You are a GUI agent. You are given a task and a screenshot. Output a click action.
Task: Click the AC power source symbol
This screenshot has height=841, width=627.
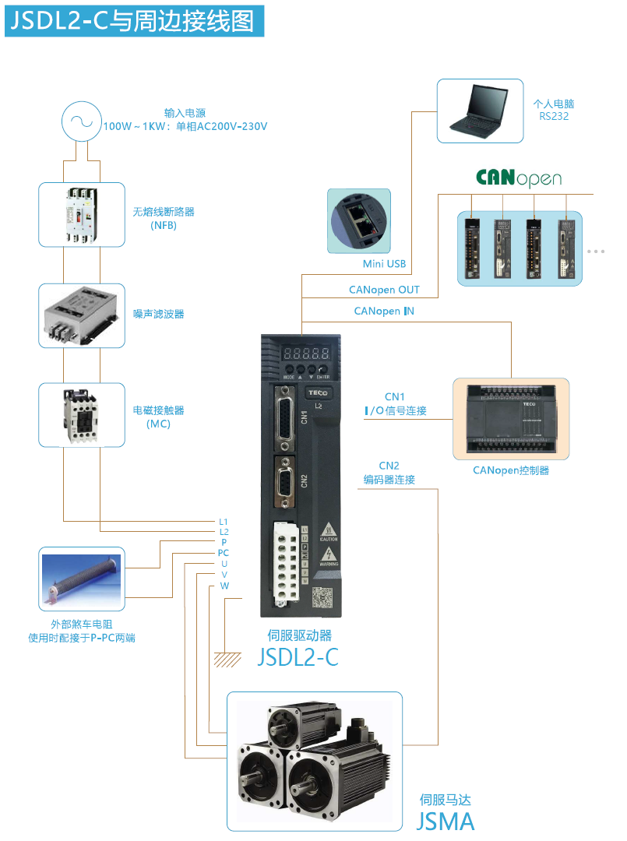coord(81,121)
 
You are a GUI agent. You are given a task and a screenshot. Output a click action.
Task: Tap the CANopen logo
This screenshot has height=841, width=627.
coord(518,178)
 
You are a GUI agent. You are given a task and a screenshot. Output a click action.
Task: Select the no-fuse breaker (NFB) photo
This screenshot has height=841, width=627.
coord(81,215)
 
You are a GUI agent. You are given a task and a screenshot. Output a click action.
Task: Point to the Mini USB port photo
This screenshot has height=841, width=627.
coord(359,221)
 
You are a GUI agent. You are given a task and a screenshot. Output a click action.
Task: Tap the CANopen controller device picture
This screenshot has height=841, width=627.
coord(511,419)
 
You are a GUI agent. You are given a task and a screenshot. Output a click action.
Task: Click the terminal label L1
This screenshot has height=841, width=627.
coord(224,521)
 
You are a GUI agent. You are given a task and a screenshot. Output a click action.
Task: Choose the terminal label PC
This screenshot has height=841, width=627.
coord(224,553)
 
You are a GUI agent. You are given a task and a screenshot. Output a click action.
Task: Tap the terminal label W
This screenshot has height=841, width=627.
coord(224,586)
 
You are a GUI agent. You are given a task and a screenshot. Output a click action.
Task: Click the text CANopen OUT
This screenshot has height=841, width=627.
coord(384,290)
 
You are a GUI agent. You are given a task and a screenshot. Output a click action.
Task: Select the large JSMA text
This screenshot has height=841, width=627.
coord(446,821)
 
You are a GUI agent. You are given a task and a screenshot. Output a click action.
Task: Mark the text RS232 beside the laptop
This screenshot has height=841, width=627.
coord(554,116)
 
